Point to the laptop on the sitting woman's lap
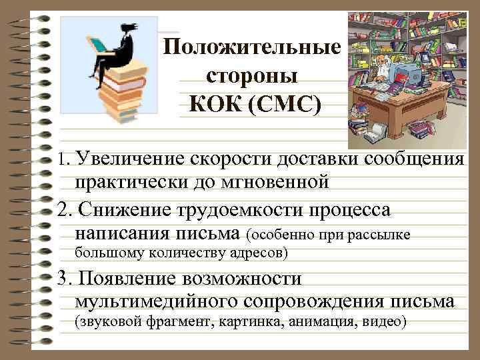[98, 46]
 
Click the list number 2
[64, 211]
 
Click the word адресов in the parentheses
[259, 253]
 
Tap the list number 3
[64, 278]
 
